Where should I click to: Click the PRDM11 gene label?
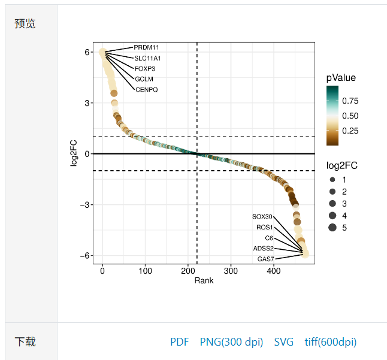146,47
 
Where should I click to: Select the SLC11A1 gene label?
147,58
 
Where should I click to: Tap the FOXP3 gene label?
145,68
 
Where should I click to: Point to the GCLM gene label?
144,79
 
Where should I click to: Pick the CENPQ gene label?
147,90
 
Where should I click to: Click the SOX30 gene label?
262,216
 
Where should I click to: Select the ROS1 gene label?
264,227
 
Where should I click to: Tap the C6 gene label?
269,238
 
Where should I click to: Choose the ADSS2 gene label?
264,248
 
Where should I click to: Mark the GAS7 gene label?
265,259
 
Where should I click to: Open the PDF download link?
179,342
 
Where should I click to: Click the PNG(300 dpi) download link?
231,342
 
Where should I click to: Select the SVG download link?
284,342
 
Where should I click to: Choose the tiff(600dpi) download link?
330,342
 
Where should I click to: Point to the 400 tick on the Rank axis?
274,271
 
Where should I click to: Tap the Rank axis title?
204,280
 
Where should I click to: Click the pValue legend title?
341,78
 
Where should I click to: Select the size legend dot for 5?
332,228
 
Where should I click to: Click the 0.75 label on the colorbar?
350,101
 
